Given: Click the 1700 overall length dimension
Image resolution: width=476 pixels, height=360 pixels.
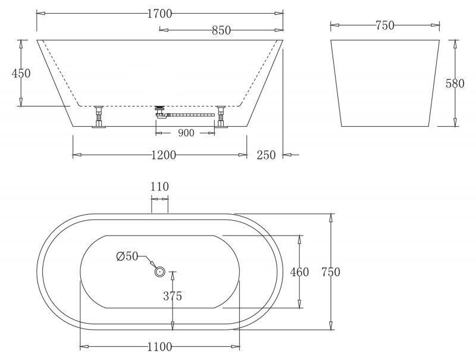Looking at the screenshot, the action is [159, 14].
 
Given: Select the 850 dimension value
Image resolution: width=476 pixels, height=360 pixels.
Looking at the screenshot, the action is [221, 30].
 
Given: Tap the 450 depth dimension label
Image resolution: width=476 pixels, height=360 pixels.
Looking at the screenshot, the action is [21, 73].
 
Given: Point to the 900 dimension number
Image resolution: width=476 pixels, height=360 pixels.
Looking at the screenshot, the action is [186, 133].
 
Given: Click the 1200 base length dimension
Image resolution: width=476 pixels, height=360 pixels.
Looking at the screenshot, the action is [163, 155].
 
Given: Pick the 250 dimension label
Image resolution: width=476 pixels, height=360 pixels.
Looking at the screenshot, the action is [266, 155].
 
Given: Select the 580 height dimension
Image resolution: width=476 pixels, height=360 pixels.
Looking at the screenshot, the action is [455, 83].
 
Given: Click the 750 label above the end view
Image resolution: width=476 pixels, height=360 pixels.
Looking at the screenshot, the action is [385, 26].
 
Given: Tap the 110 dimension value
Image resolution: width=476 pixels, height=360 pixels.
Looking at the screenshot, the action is [159, 186].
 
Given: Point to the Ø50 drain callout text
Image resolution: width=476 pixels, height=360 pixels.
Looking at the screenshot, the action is [127, 256].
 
